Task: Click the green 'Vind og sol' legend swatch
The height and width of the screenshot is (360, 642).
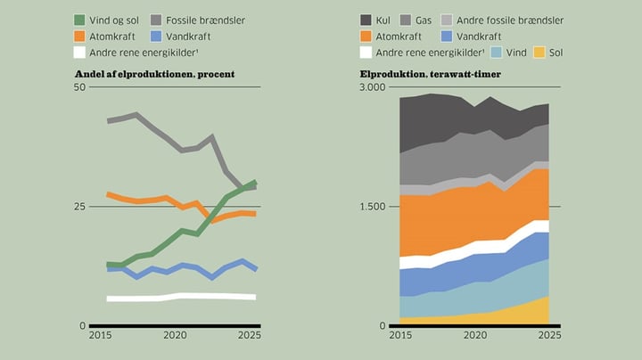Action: (x=79, y=20)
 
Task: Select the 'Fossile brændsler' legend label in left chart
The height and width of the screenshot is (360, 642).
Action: (x=205, y=20)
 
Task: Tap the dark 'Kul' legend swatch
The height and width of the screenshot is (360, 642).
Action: (x=366, y=20)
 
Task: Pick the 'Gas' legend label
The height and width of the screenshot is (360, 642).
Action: (x=424, y=20)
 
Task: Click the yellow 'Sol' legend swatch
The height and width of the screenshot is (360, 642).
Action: (x=539, y=53)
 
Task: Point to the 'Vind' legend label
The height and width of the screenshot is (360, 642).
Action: (x=516, y=53)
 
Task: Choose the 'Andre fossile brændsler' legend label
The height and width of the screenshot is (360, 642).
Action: (x=510, y=20)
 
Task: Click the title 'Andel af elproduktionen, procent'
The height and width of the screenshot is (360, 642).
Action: (x=155, y=74)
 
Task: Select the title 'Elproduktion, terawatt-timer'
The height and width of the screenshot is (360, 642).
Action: (x=431, y=74)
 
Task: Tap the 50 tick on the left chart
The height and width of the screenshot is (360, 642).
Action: (x=79, y=87)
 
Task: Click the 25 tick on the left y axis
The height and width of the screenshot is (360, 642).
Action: (x=79, y=207)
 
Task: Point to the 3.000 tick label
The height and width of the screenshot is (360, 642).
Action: (x=373, y=87)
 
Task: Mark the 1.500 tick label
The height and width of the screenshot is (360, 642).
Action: (x=373, y=207)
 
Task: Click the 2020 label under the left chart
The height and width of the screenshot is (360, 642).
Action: (x=175, y=335)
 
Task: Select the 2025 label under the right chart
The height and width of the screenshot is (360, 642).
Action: (x=549, y=335)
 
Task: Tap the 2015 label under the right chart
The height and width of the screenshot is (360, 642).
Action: (x=400, y=335)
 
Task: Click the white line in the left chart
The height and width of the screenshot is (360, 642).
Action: (x=181, y=297)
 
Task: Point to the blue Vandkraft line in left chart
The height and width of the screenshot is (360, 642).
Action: (x=181, y=270)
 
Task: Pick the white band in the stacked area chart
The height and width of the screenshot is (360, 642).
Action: (x=474, y=247)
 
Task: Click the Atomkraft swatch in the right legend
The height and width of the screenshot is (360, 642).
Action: (x=366, y=37)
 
